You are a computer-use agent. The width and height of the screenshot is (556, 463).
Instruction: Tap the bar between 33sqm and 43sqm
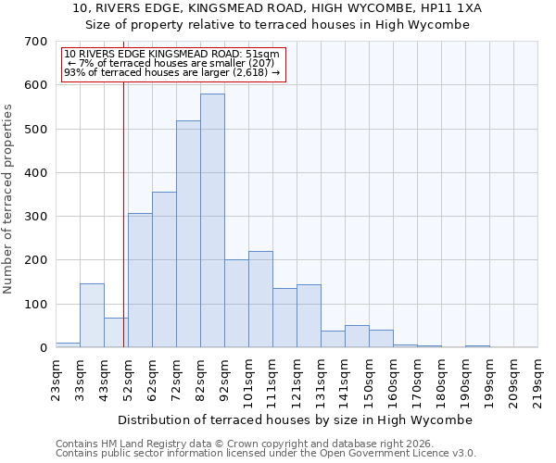click(x=92, y=316)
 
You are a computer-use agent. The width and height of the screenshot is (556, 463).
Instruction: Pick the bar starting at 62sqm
click(x=164, y=269)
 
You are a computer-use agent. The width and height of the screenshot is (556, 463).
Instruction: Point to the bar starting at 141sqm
click(x=357, y=336)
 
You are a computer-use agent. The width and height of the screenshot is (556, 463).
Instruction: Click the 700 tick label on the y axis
click(x=36, y=42)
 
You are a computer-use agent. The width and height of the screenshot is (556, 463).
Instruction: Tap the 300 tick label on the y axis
click(x=36, y=217)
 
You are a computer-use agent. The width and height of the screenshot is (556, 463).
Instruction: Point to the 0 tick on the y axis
click(x=43, y=348)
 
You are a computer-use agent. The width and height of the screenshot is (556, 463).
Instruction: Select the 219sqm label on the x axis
click(x=537, y=381)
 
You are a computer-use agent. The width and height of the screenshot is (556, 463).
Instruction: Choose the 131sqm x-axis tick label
click(x=321, y=381)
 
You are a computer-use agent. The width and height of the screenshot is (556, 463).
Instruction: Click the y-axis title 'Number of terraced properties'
click(x=8, y=199)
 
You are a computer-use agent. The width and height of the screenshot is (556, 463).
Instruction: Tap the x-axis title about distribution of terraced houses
click(x=296, y=419)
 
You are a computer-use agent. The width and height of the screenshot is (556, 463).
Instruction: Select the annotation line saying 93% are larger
click(x=171, y=72)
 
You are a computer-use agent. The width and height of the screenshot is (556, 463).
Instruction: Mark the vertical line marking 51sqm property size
click(x=123, y=231)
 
